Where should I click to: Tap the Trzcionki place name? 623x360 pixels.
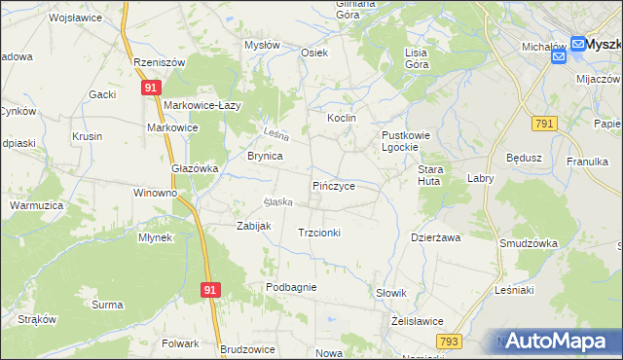pyautogui.click(x=318, y=233)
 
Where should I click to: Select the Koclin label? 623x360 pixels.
pyautogui.click(x=342, y=118)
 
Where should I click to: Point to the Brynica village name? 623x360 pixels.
pyautogui.click(x=265, y=156)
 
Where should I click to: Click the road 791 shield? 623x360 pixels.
pyautogui.click(x=544, y=123)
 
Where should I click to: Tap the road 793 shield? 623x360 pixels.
pyautogui.click(x=449, y=341)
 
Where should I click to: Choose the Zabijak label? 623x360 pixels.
pyautogui.click(x=253, y=226)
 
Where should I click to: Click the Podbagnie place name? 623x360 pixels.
pyautogui.click(x=291, y=287)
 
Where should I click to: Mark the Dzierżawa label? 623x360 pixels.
pyautogui.click(x=435, y=236)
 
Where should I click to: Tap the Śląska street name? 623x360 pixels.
pyautogui.click(x=276, y=202)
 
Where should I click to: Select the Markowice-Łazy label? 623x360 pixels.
pyautogui.click(x=202, y=105)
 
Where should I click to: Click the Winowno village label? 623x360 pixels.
pyautogui.click(x=156, y=193)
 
